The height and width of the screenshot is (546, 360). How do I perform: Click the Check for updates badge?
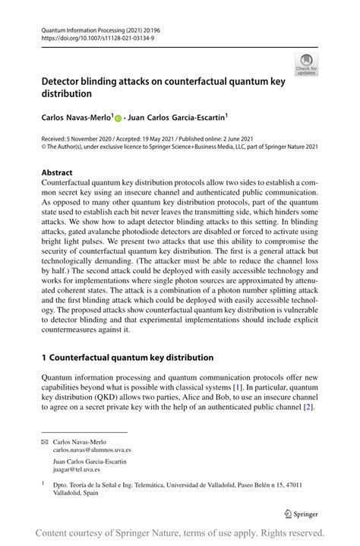click(306, 65)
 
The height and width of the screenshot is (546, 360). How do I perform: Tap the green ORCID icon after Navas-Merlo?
click(118, 118)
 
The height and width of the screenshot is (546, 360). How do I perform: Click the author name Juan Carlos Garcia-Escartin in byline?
click(178, 118)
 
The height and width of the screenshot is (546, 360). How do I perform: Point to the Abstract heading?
click(57, 172)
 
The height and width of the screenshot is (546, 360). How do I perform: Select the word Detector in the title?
click(65, 81)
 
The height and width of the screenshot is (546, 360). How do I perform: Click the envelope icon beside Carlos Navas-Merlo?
click(44, 441)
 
